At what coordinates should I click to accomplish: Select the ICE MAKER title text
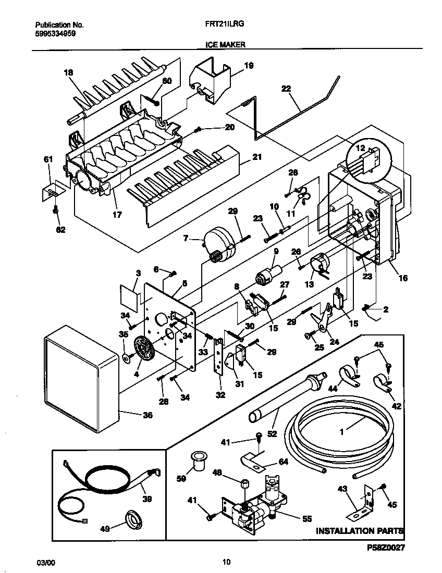point(222,45)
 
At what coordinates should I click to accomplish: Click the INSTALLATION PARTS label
point(359,531)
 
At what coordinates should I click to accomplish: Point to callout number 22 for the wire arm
point(286,89)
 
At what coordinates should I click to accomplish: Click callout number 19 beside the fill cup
point(249,66)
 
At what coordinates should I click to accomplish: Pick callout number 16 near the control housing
point(403,279)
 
